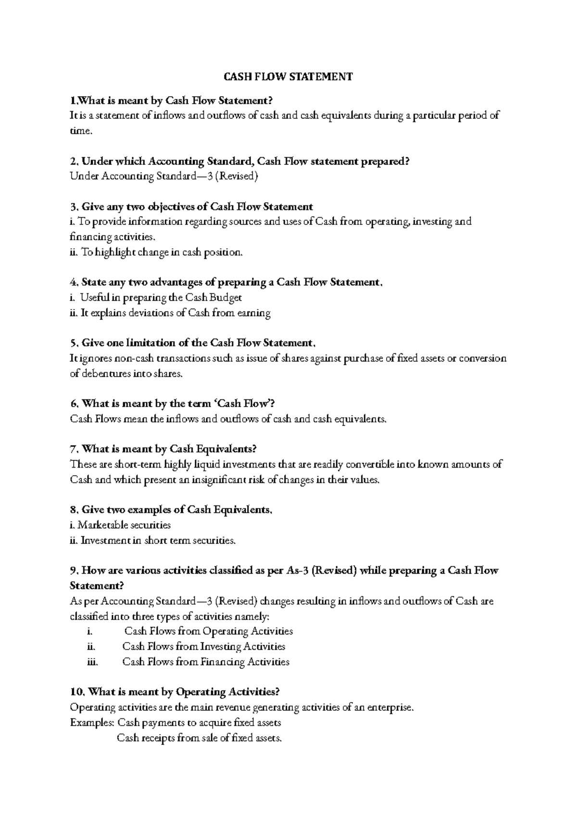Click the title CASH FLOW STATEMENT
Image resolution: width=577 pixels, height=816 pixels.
coord(288,77)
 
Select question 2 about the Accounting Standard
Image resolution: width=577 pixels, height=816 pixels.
coord(239,161)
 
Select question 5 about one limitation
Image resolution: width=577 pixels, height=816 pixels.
coord(192,343)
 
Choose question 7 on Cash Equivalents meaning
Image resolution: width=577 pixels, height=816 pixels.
coord(163,449)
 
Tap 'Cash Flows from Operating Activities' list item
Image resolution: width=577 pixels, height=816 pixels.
coord(209,631)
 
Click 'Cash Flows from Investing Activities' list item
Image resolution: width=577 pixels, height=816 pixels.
coord(204,647)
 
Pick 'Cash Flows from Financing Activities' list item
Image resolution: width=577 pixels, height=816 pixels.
coord(206,662)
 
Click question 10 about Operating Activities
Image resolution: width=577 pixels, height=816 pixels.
coord(175,692)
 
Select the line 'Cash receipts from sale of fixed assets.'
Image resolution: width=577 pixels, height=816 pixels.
coord(199,738)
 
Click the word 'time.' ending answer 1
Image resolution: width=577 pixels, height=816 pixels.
coord(81,131)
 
